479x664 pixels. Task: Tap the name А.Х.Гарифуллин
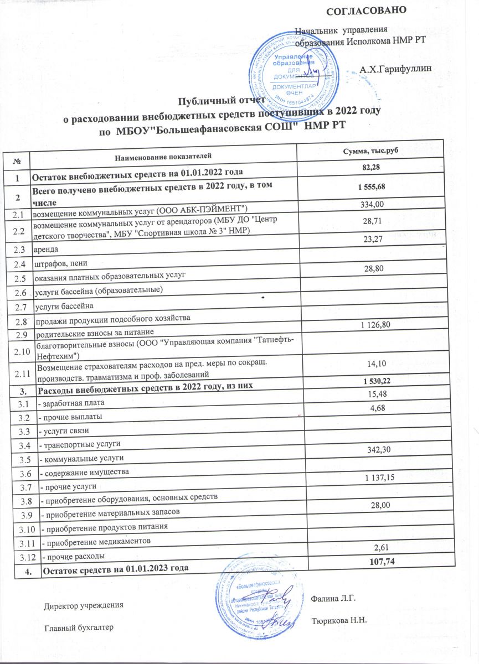tap(396, 70)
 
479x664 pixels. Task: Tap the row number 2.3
tap(18, 249)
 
